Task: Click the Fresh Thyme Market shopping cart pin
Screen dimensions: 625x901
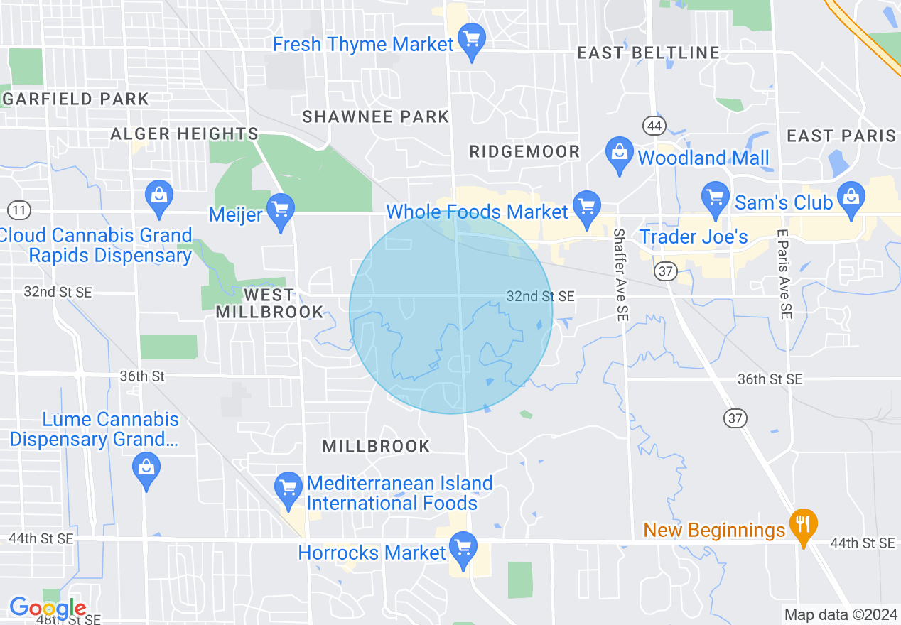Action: click(472, 40)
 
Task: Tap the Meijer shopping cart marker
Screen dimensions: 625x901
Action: click(281, 210)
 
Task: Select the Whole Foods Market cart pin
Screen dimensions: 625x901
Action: click(586, 207)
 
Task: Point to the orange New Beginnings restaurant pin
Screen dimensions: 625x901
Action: click(803, 526)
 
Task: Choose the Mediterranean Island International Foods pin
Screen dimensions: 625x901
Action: click(288, 489)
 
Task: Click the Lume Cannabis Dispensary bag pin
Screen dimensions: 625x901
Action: click(146, 469)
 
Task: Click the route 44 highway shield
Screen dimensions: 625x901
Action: click(654, 126)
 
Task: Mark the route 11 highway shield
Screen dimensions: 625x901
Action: click(19, 210)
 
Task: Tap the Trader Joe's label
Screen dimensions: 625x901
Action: click(694, 237)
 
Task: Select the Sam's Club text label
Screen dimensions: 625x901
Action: click(783, 202)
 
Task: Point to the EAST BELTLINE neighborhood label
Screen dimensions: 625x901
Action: click(648, 53)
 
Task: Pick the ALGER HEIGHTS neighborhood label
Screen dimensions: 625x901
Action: click(185, 134)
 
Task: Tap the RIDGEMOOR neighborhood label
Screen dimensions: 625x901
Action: click(524, 151)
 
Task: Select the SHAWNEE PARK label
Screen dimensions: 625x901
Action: click(376, 116)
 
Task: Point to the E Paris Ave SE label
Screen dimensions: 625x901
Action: click(784, 274)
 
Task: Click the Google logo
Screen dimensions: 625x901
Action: click(48, 608)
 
